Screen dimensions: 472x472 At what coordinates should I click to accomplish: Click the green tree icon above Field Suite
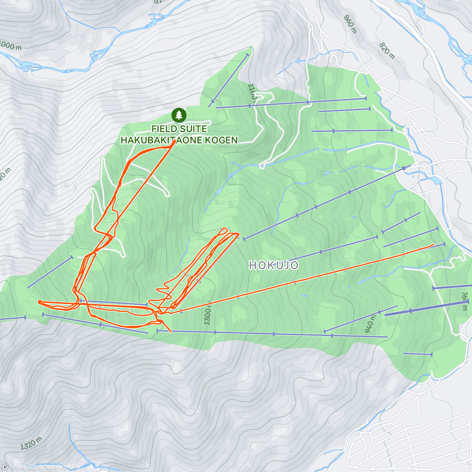179,115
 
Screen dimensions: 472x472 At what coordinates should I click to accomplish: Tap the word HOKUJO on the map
274,265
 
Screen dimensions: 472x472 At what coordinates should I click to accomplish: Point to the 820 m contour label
387,50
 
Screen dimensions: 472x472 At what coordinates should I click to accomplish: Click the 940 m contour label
371,324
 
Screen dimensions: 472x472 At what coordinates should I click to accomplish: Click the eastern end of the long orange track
433,245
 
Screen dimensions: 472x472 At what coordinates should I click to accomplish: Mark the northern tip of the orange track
173,142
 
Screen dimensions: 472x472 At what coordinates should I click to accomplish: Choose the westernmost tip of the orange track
39,302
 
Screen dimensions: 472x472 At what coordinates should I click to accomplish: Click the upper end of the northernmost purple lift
247,54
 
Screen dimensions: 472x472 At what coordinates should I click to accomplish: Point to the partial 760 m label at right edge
465,301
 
